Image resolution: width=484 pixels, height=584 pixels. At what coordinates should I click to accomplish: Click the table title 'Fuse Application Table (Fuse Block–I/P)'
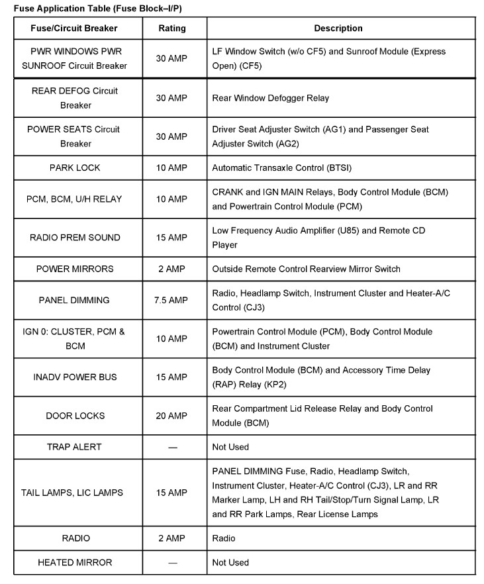point(98,7)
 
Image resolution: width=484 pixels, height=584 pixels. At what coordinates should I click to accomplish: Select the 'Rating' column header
point(172,28)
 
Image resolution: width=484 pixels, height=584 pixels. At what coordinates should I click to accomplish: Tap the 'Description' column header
point(338,28)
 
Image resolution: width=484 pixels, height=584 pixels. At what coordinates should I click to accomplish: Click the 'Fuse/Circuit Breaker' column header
point(74,28)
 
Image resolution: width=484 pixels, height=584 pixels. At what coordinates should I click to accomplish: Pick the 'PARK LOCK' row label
point(74,168)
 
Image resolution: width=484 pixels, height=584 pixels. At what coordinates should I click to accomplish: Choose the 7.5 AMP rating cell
point(172,300)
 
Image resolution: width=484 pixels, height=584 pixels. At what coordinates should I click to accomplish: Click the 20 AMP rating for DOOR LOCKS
point(172,416)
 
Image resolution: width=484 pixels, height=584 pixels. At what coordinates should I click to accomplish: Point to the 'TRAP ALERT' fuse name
point(74,447)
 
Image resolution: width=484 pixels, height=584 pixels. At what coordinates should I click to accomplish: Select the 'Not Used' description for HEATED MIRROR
point(230,563)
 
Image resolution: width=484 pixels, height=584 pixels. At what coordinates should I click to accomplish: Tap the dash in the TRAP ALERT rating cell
point(172,448)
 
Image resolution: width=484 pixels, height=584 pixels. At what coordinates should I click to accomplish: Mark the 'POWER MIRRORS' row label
point(74,269)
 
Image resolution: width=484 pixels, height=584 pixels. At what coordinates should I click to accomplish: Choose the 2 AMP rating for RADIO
point(172,538)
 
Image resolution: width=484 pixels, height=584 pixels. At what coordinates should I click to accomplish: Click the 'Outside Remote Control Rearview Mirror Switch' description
point(306,269)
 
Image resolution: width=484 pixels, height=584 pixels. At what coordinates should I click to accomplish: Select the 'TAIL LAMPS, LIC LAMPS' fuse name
point(72,493)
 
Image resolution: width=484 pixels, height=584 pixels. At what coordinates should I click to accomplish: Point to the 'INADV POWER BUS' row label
point(74,377)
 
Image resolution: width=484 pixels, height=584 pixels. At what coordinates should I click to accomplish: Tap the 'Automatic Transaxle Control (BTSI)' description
point(285,168)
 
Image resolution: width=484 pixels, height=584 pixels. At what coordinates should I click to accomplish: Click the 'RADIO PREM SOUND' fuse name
point(74,238)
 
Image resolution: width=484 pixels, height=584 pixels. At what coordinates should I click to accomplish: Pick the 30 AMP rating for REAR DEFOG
point(172,98)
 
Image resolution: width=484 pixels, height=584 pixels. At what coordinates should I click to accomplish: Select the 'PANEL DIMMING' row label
point(74,300)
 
